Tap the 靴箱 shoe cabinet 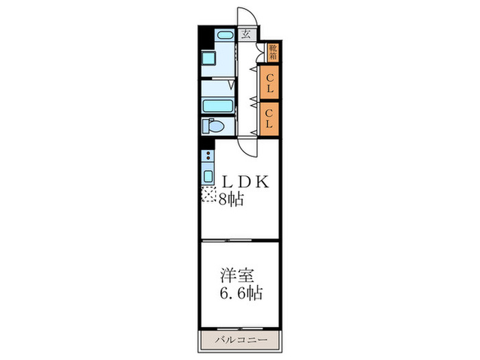(273, 52)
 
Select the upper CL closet (269, 82)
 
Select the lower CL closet (269, 118)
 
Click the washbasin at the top (224, 35)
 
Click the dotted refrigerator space (207, 195)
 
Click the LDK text (245, 182)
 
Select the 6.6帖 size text (240, 293)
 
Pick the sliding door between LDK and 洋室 (239, 241)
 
